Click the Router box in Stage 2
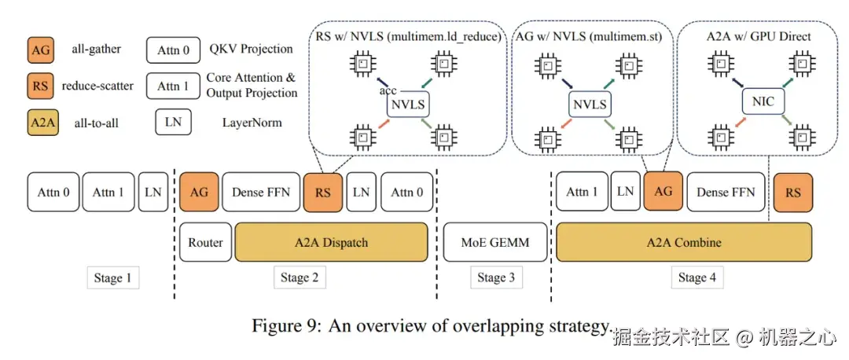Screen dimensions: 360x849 coord(206,243)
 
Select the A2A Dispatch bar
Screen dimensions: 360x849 coord(331,243)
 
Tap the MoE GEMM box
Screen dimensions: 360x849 coord(496,243)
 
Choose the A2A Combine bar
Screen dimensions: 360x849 coord(684,243)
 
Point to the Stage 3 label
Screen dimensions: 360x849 coord(496,277)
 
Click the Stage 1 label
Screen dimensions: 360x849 coord(113,277)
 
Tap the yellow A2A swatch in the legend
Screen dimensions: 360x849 coord(40,123)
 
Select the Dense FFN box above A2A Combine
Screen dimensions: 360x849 coord(726,193)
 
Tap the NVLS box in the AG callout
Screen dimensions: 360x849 coord(591,104)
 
